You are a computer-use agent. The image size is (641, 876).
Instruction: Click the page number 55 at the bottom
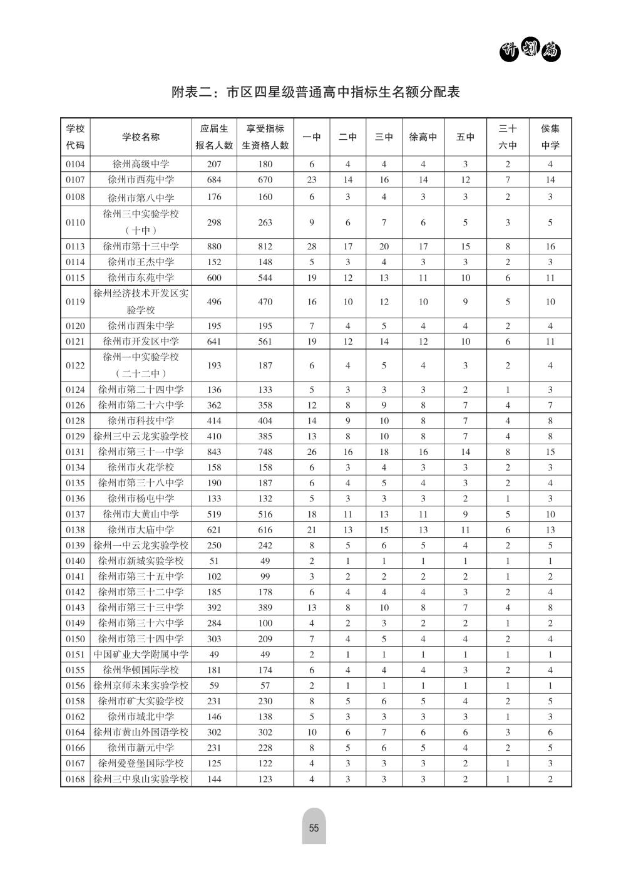tap(314, 828)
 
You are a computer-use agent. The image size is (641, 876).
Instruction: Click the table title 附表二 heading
tap(315, 93)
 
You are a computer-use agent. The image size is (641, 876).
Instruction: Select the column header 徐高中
tap(423, 137)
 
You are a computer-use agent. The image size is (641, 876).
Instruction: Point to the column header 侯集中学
tap(550, 137)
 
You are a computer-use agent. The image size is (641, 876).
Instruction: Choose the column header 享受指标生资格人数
tap(265, 137)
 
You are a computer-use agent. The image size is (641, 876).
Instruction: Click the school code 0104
tap(75, 164)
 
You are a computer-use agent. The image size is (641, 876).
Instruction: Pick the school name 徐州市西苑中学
tap(141, 180)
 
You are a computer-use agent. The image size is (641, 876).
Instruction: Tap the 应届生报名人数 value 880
tap(214, 246)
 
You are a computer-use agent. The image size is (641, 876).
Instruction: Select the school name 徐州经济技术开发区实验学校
tap(141, 301)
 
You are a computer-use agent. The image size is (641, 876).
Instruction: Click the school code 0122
tap(75, 365)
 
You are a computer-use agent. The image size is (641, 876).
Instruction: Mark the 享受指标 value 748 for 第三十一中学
tap(265, 452)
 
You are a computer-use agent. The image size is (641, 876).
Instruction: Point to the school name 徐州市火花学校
tap(141, 467)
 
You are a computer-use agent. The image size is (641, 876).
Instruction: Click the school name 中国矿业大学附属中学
tap(141, 654)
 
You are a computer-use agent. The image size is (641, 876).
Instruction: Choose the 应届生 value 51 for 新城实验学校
tap(214, 561)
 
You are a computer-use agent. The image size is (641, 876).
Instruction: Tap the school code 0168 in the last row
tap(75, 779)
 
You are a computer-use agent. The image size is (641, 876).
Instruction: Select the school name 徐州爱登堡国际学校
tap(141, 763)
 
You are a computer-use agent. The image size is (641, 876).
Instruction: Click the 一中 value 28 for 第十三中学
tap(312, 246)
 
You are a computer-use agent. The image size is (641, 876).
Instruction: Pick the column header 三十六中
tap(508, 137)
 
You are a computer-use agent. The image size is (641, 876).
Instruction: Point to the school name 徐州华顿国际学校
tap(141, 670)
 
